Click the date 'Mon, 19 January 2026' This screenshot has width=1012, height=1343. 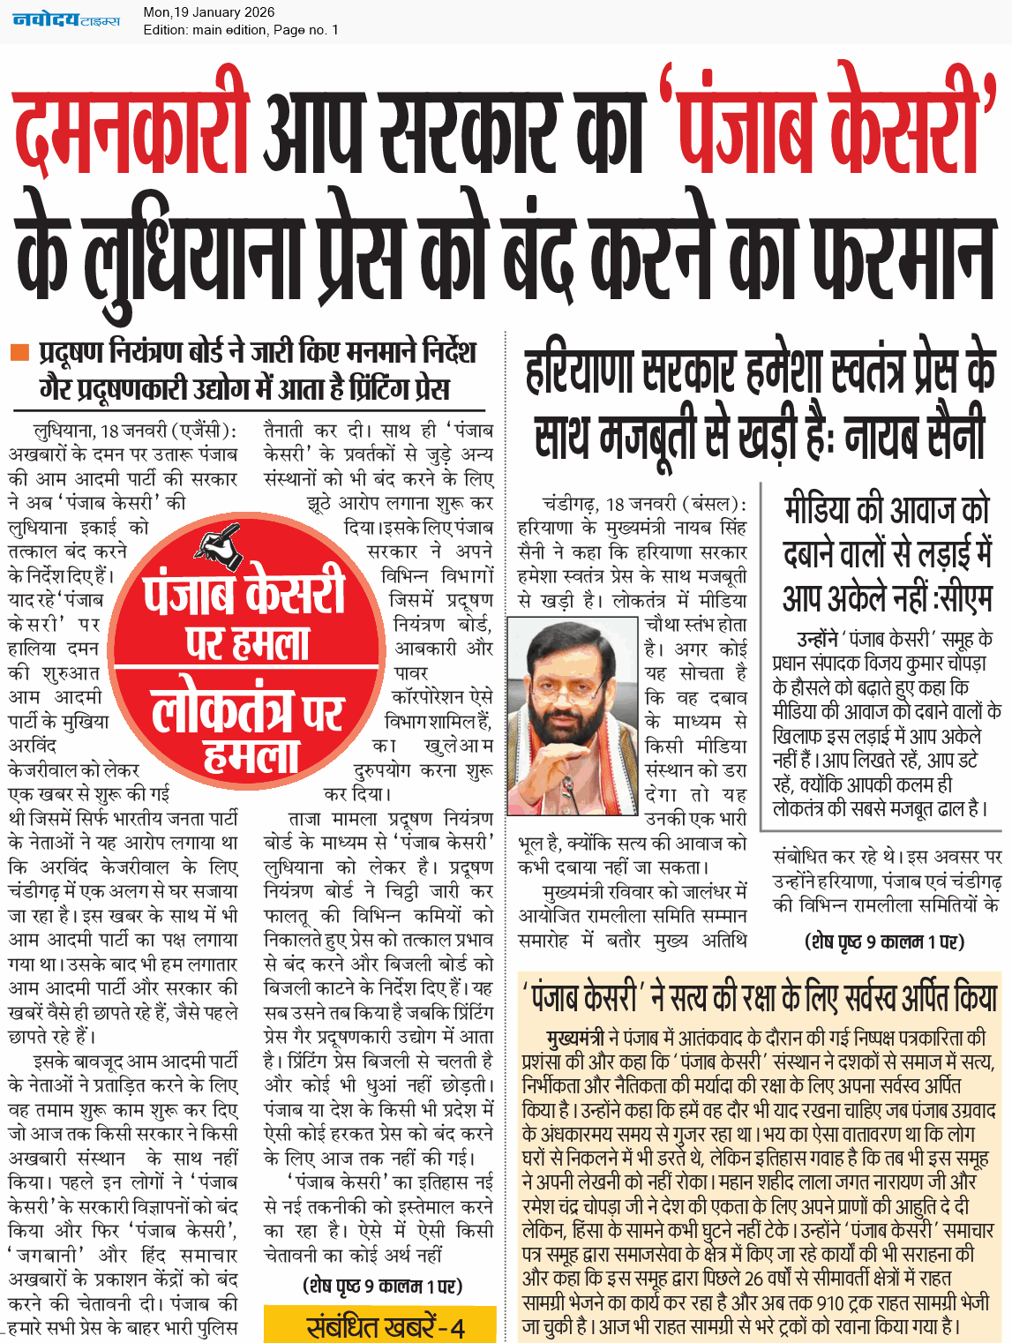click(209, 12)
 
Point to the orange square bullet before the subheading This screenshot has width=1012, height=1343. click(19, 353)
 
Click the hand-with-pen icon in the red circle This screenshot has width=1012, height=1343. click(218, 544)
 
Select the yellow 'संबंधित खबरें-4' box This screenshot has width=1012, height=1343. click(379, 1325)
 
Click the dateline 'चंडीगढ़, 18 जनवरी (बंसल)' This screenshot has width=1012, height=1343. click(644, 504)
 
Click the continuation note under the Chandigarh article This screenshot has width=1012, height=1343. click(884, 942)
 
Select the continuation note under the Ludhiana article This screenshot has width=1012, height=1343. click(382, 1286)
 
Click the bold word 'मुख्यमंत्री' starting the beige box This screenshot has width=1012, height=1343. click(575, 1037)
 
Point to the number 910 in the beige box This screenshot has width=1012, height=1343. click(832, 1302)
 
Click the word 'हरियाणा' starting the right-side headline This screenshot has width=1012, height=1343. click(580, 371)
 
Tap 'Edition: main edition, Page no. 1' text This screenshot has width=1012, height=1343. click(240, 30)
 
